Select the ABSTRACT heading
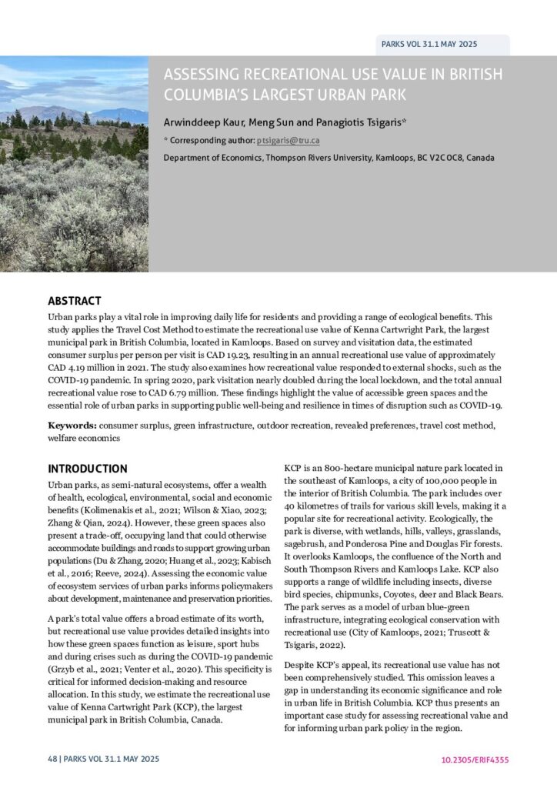pyautogui.click(x=75, y=301)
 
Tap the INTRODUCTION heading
pyautogui.click(x=88, y=468)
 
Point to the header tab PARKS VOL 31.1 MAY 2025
pyautogui.click(x=429, y=44)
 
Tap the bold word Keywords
pyautogui.click(x=72, y=425)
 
